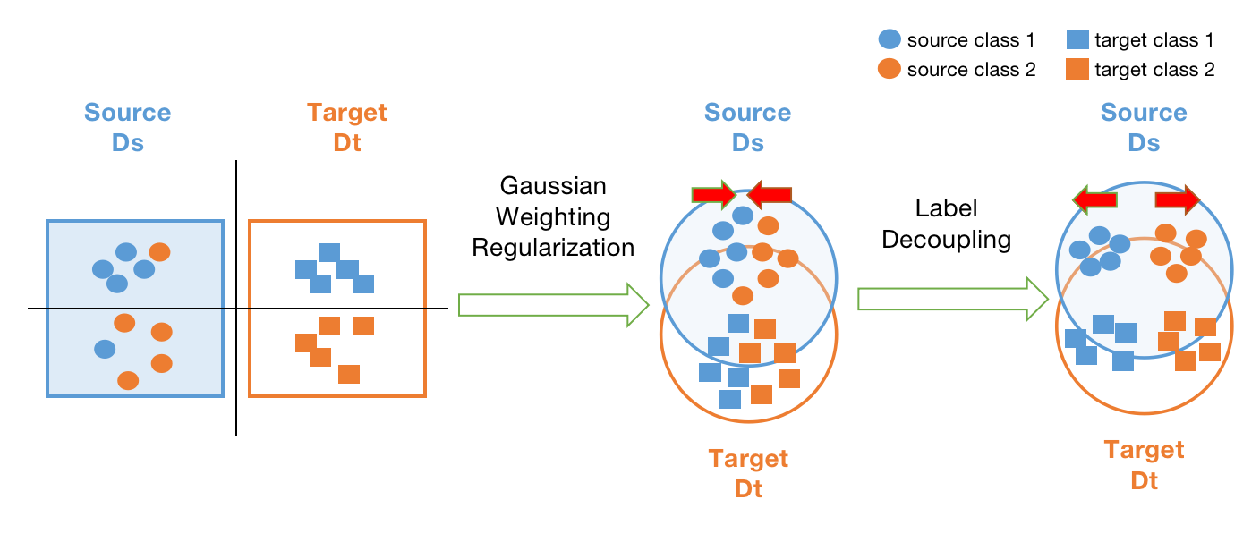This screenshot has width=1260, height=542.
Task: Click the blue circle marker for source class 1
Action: [x=890, y=39]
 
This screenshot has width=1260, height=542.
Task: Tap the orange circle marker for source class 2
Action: [x=890, y=69]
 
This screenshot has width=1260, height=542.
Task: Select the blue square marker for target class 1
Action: [x=1077, y=39]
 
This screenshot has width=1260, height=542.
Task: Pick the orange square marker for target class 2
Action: [x=1077, y=69]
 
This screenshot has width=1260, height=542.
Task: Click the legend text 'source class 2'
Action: [x=971, y=70]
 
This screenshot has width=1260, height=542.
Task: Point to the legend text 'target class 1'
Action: [x=1154, y=40]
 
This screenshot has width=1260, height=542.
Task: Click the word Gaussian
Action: [x=552, y=186]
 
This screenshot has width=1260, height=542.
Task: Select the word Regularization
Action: [x=552, y=247]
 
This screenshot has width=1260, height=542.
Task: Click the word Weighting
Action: [x=552, y=216]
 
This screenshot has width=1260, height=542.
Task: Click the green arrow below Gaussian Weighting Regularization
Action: [x=553, y=305]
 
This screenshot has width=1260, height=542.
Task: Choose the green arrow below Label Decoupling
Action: [x=952, y=299]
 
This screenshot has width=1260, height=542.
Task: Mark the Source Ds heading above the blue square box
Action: [x=127, y=127]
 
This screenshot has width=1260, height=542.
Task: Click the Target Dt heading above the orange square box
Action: [x=346, y=127]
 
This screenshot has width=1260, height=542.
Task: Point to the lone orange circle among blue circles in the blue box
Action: [x=159, y=252]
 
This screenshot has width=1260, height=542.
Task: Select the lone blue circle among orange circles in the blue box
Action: [x=105, y=349]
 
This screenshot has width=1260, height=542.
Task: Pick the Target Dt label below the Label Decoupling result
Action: [x=1144, y=464]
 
